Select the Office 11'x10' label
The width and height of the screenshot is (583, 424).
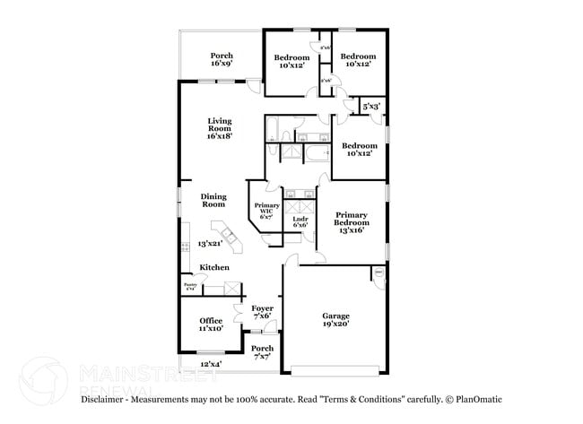pos(211,324)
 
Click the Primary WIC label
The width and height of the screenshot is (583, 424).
pos(265,211)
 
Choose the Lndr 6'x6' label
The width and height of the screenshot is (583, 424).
pos(300,221)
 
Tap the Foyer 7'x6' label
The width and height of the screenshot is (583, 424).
pos(262,312)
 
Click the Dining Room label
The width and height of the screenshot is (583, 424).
pos(213,201)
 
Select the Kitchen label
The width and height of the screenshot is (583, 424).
pos(213,267)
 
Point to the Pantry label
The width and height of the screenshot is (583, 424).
pos(189,286)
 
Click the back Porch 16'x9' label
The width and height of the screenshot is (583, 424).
pos(222,60)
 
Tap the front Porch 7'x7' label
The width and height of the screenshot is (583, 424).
pos(262,351)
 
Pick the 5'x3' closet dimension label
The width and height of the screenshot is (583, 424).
pos(371,107)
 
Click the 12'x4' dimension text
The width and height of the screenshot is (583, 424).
pos(210,364)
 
